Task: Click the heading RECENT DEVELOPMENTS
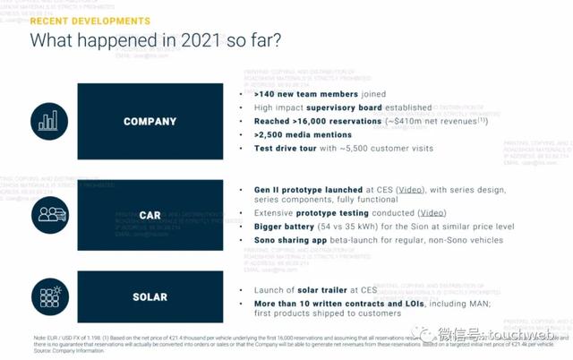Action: (90, 20)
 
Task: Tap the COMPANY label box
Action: (150, 121)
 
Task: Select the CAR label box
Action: (150, 215)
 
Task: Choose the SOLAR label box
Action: (150, 296)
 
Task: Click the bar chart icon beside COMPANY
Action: (48, 121)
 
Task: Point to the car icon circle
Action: (48, 215)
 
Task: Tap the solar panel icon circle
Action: (48, 296)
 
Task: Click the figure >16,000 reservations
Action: (314, 121)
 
